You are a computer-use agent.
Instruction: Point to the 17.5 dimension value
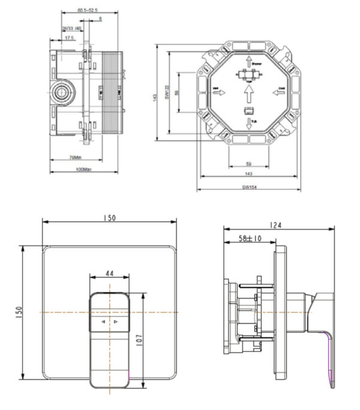point(70,38)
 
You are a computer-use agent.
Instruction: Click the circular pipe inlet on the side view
point(60,93)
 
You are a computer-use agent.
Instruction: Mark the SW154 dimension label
point(250,187)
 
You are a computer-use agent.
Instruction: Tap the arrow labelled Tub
point(248,124)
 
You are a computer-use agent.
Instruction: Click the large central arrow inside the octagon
point(248,94)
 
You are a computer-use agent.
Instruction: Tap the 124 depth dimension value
point(275,225)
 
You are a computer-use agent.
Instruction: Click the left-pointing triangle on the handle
point(103,322)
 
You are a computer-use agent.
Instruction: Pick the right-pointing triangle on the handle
point(116,322)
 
